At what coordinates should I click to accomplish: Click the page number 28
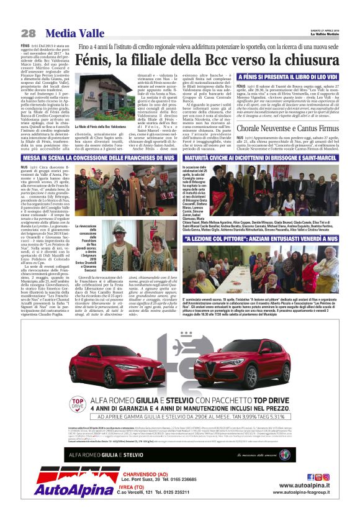[28, 33]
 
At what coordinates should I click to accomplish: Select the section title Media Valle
[70, 33]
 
